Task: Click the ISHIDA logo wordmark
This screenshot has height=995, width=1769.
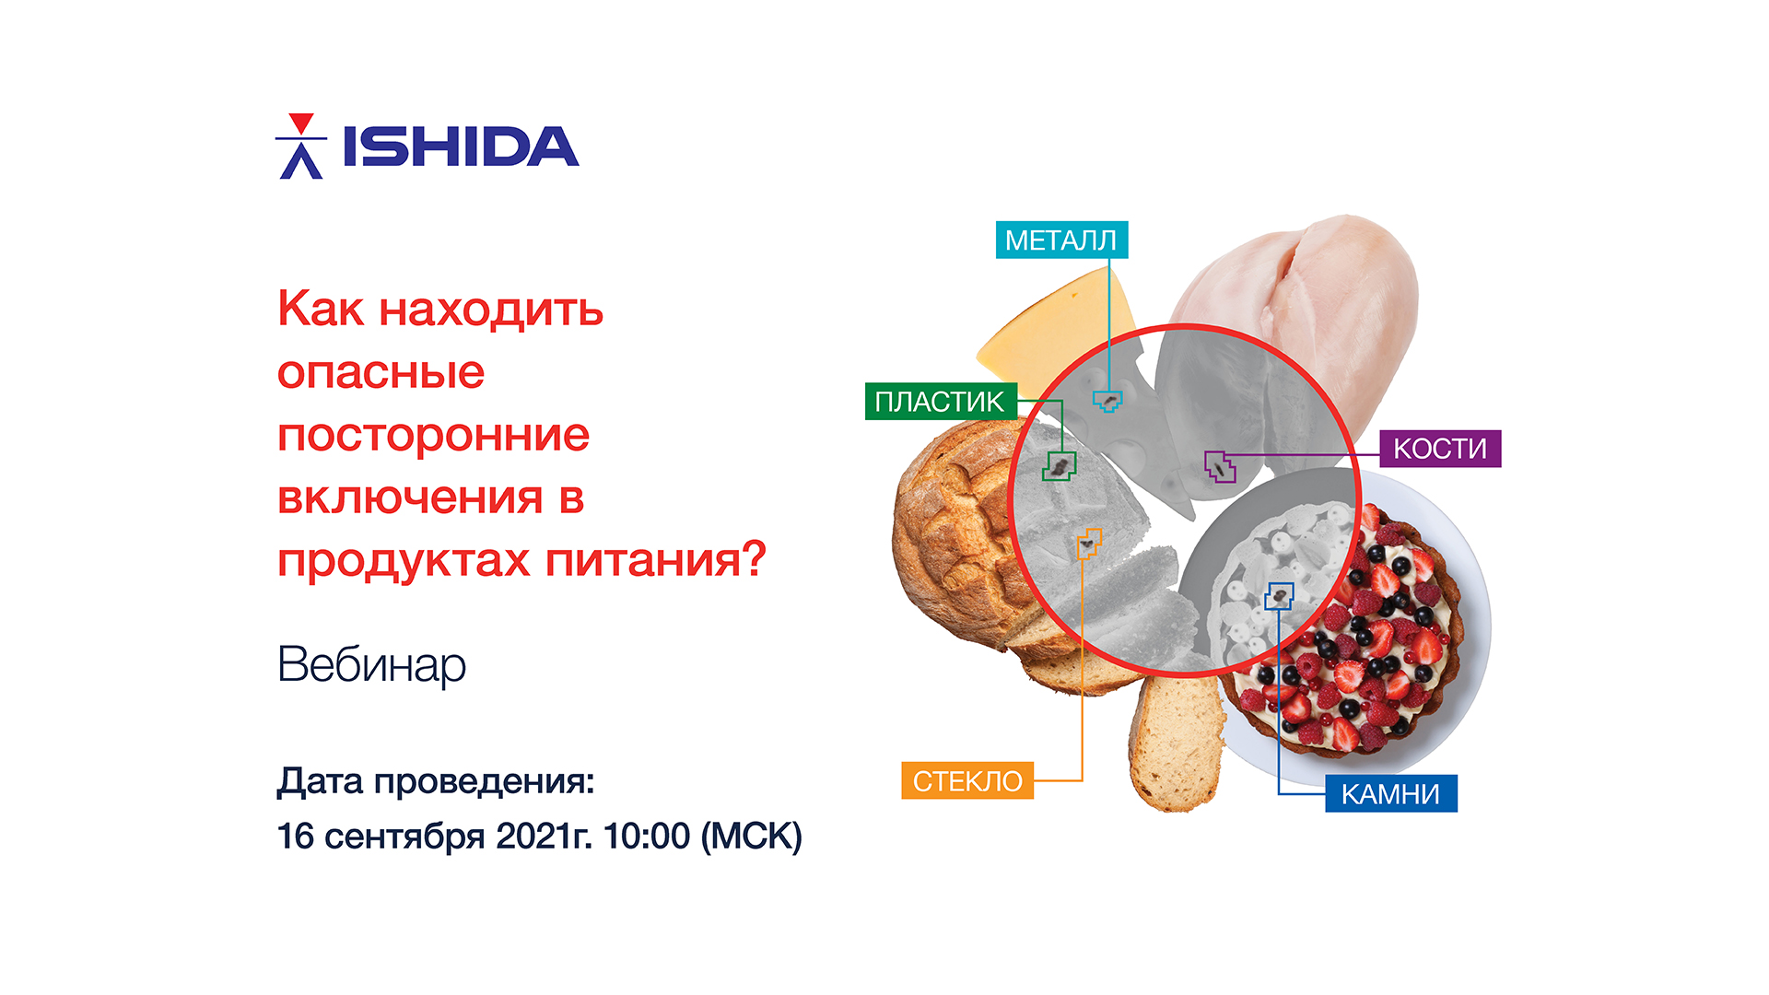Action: click(461, 146)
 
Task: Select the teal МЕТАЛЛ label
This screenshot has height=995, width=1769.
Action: click(1061, 240)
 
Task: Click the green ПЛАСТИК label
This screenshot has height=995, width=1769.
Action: click(941, 401)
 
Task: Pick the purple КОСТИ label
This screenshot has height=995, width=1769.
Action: click(1440, 449)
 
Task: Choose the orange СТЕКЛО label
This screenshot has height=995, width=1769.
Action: click(967, 780)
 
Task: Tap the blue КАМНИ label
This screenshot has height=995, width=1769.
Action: click(1391, 793)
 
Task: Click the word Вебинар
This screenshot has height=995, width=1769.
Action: click(371, 664)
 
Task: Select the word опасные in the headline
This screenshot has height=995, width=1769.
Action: click(381, 372)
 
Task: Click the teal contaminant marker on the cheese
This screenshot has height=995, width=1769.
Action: click(1107, 401)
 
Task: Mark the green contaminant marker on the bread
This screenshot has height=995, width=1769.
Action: click(1060, 466)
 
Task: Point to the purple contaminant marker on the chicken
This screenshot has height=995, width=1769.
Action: click(1221, 466)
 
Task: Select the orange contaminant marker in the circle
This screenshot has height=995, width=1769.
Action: click(1089, 544)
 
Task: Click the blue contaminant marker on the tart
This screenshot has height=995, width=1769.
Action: click(1279, 596)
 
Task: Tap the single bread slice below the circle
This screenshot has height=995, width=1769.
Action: click(1177, 743)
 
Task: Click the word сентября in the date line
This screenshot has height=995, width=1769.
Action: click(405, 836)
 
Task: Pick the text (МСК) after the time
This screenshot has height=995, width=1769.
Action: click(752, 836)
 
